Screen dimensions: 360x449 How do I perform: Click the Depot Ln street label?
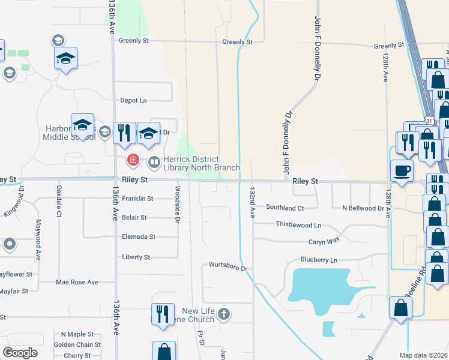pos(134,100)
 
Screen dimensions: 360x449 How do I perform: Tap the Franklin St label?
pos(137,199)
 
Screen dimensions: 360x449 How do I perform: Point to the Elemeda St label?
pos(138,237)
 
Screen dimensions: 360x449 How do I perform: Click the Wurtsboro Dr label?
pos(228,265)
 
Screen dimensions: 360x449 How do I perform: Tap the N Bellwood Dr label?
pos(363,208)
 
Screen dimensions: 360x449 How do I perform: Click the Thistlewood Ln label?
pos(298,224)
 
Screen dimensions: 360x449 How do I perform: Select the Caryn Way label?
pos(324,241)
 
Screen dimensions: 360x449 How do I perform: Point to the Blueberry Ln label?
pos(319,260)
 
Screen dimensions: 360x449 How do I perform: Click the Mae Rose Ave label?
pos(76,282)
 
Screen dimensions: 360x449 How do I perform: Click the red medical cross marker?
pos(133,161)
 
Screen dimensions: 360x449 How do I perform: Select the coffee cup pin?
pos(402,170)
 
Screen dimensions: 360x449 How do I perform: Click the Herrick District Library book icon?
pos(154,161)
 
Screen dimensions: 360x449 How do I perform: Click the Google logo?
pos(20,353)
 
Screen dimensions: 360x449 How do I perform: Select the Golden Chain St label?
pos(77,345)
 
